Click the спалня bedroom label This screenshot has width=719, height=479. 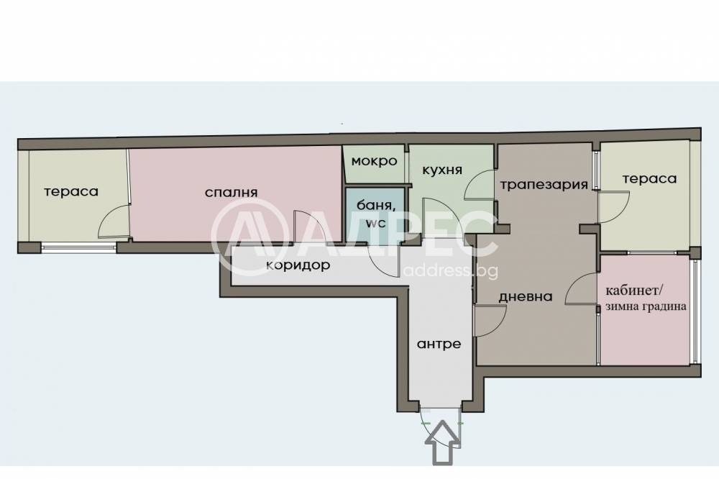(x=231, y=192)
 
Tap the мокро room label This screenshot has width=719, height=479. (x=374, y=161)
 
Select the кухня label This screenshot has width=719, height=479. (x=441, y=170)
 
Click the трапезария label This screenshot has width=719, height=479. (x=544, y=184)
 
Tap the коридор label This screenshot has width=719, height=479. (x=298, y=265)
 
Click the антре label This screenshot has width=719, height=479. (x=439, y=344)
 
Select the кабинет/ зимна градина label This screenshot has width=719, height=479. (x=646, y=298)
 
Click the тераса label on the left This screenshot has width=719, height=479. (x=70, y=192)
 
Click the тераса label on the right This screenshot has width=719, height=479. (x=649, y=179)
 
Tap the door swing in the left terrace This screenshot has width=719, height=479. (x=114, y=220)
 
